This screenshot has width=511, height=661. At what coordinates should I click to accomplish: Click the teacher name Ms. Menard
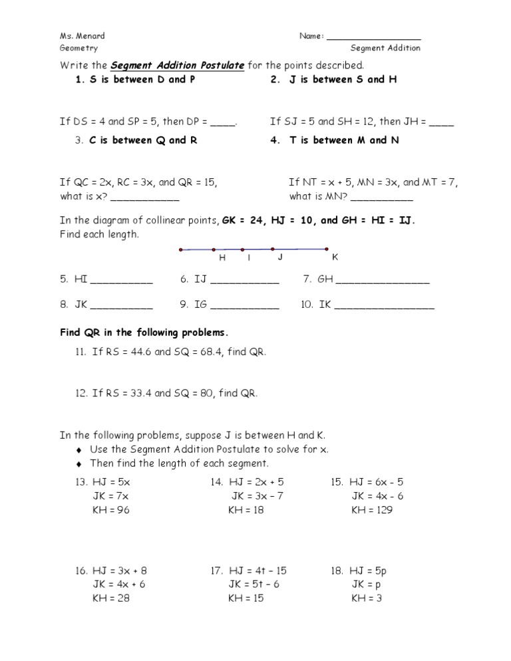click(x=82, y=36)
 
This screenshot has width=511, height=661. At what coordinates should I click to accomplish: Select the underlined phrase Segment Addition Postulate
click(x=178, y=65)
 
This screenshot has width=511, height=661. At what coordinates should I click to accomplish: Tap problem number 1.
click(x=79, y=80)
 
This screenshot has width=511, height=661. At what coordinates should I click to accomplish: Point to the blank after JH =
click(x=442, y=123)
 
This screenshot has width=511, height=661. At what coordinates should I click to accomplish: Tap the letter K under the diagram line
click(x=335, y=257)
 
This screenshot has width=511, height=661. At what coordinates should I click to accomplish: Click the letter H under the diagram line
click(x=222, y=258)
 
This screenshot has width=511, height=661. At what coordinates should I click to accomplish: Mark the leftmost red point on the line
click(x=181, y=250)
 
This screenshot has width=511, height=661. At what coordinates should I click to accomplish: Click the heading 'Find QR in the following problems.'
click(x=144, y=332)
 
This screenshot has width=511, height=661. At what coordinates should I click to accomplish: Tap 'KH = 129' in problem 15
click(x=372, y=511)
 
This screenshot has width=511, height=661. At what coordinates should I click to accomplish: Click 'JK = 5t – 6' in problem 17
click(x=254, y=585)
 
